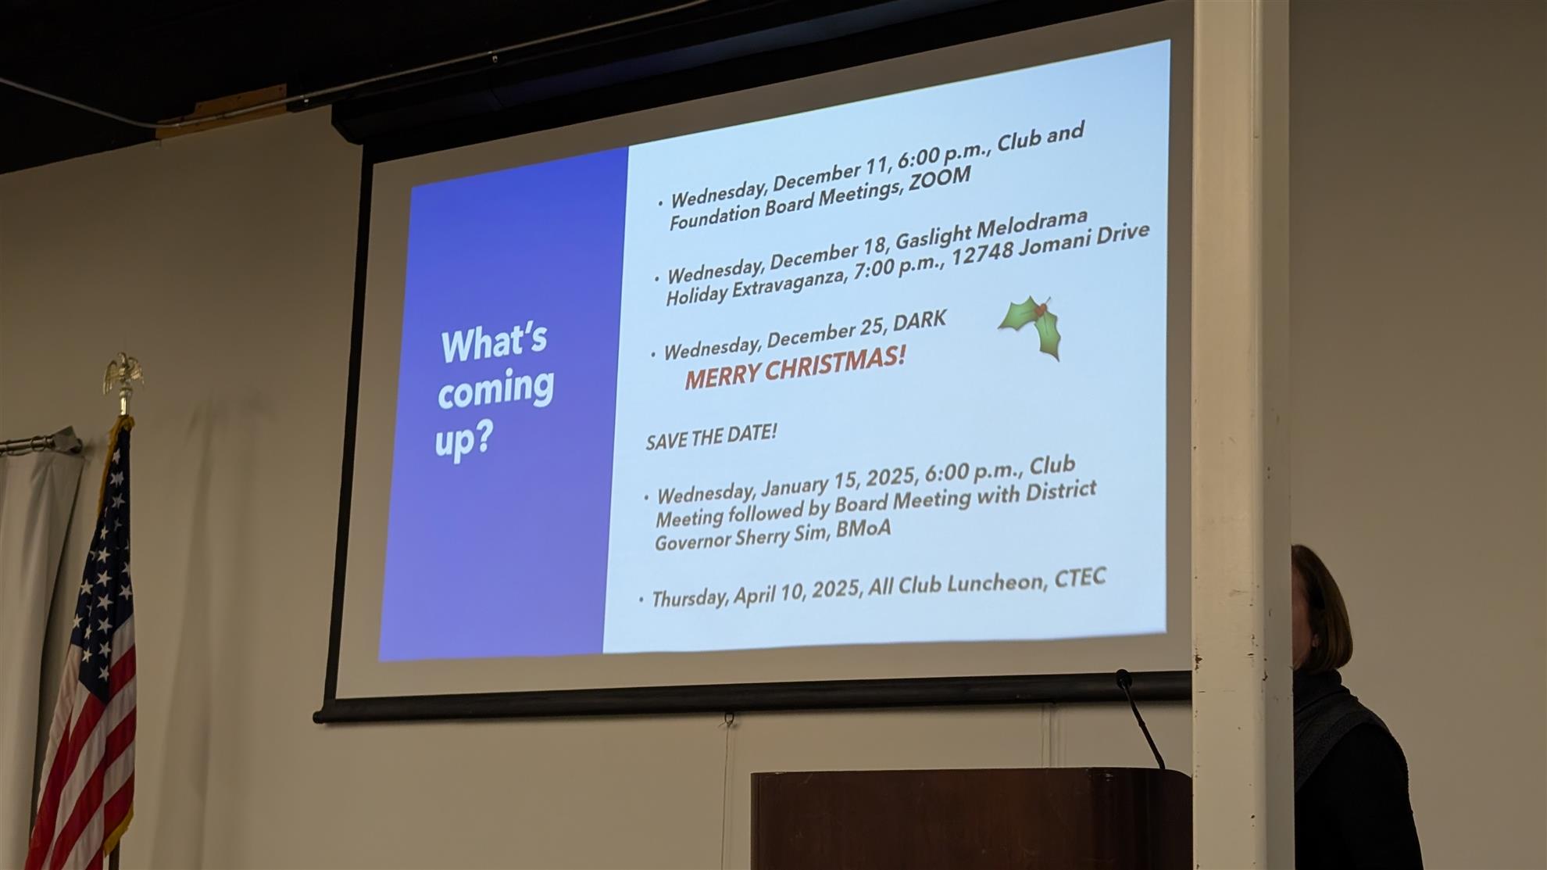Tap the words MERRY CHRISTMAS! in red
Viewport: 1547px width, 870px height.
pos(795,367)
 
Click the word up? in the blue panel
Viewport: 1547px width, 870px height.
pos(463,441)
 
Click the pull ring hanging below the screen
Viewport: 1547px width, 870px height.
pos(729,717)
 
